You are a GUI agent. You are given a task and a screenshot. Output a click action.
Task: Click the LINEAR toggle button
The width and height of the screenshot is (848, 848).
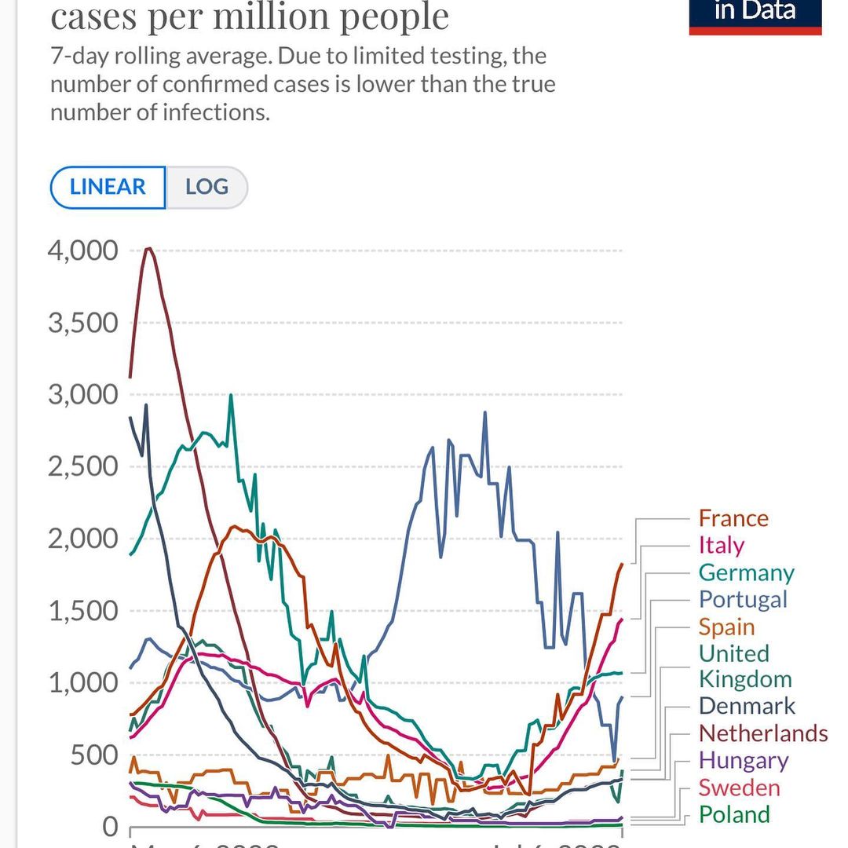(108, 188)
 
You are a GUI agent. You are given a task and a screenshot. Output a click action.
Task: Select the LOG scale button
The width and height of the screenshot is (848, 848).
(207, 188)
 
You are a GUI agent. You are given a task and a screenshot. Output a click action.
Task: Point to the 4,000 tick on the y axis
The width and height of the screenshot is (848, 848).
(82, 251)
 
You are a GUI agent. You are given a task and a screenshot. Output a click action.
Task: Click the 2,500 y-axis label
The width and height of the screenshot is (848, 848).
(82, 467)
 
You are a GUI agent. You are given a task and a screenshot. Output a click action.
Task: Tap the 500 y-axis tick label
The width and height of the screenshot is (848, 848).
(93, 755)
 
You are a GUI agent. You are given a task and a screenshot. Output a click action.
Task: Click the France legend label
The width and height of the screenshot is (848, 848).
(733, 518)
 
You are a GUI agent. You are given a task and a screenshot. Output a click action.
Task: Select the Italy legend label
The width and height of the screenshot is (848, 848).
(721, 545)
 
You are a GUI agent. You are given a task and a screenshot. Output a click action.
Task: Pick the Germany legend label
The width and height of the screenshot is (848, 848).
(746, 572)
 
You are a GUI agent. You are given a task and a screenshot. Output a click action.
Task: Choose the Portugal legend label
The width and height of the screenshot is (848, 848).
(742, 599)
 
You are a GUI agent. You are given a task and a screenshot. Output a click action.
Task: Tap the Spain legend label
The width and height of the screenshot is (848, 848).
(726, 627)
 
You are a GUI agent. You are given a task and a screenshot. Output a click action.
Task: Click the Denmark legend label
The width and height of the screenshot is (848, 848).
(747, 706)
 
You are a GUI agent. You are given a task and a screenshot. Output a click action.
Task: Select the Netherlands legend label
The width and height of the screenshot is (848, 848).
(762, 733)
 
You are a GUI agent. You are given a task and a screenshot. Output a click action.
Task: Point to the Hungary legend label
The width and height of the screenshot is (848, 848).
(743, 760)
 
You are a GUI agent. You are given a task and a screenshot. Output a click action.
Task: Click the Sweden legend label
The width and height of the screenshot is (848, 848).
(739, 788)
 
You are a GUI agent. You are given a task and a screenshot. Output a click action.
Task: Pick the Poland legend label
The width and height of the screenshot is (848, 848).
(735, 814)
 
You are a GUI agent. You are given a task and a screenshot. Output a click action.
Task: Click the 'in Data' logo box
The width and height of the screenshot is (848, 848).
(755, 14)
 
